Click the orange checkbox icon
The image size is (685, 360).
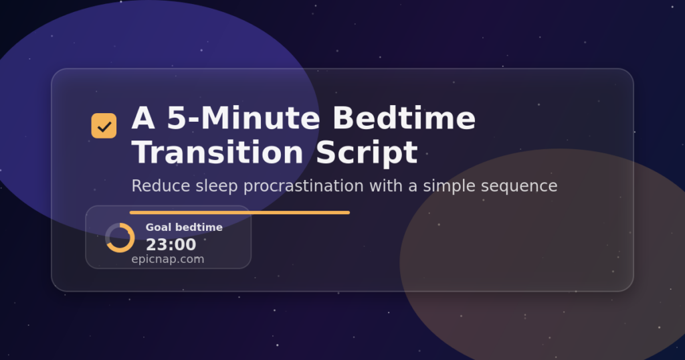104,126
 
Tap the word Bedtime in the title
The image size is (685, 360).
404,119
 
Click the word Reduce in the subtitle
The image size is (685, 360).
155,185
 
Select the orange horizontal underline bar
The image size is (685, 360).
239,213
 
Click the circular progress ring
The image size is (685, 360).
120,238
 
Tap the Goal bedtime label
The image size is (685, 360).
184,228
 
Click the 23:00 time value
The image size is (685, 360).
171,245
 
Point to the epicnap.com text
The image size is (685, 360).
168,260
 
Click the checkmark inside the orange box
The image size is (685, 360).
104,126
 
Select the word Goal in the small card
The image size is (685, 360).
158,228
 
